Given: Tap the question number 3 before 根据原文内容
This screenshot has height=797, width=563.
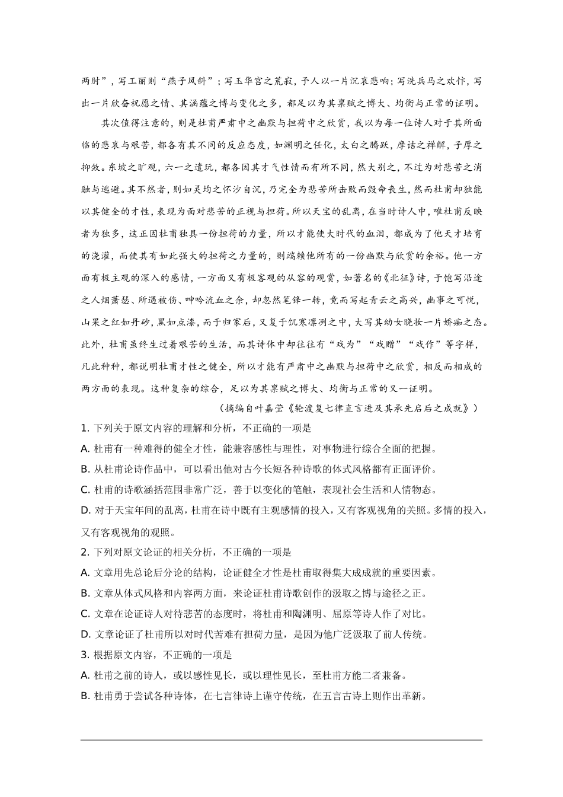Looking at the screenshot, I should click(84, 655).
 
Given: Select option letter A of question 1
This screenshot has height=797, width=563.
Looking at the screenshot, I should click(84, 449).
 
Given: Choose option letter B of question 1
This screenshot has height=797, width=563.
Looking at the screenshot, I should click(84, 470).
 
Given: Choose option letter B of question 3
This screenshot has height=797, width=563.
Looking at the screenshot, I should click(84, 696).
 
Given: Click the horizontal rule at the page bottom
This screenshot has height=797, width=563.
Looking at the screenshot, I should click(281, 739).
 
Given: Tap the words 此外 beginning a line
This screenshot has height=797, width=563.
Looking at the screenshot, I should click(89, 345).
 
